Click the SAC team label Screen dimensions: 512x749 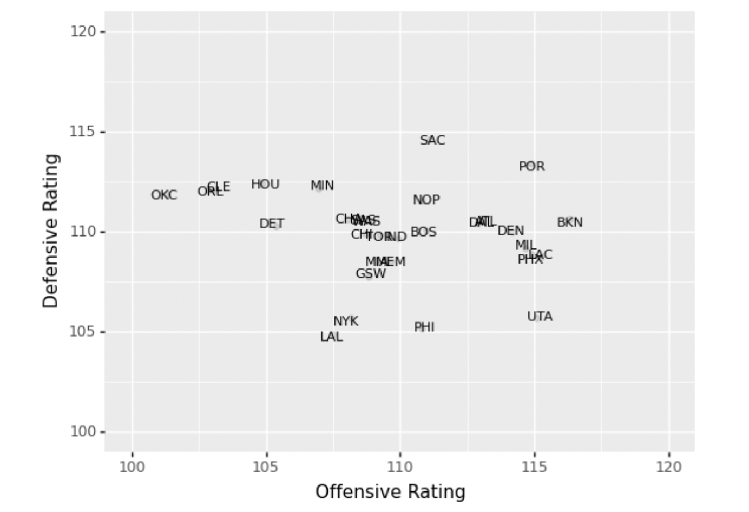click(432, 140)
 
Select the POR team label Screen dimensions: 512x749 click(531, 167)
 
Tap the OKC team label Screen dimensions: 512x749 click(163, 195)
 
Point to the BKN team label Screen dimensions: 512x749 click(569, 222)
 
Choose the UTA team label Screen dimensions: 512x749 click(540, 317)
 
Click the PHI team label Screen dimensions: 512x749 click(424, 327)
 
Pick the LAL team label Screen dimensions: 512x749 click(331, 337)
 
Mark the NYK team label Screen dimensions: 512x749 click(345, 321)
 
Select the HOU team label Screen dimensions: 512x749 click(265, 185)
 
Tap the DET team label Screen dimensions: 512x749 click(272, 224)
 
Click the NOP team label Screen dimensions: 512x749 click(426, 200)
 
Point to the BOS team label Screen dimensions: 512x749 click(423, 232)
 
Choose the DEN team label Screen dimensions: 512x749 click(510, 231)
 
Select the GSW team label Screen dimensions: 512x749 click(371, 274)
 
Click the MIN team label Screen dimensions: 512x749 click(322, 186)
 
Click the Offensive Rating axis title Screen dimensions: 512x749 click(390, 492)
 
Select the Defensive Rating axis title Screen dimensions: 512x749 click(50, 231)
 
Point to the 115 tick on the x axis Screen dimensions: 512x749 click(534, 467)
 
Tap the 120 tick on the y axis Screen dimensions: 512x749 click(83, 31)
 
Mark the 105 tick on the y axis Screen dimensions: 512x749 click(83, 331)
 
